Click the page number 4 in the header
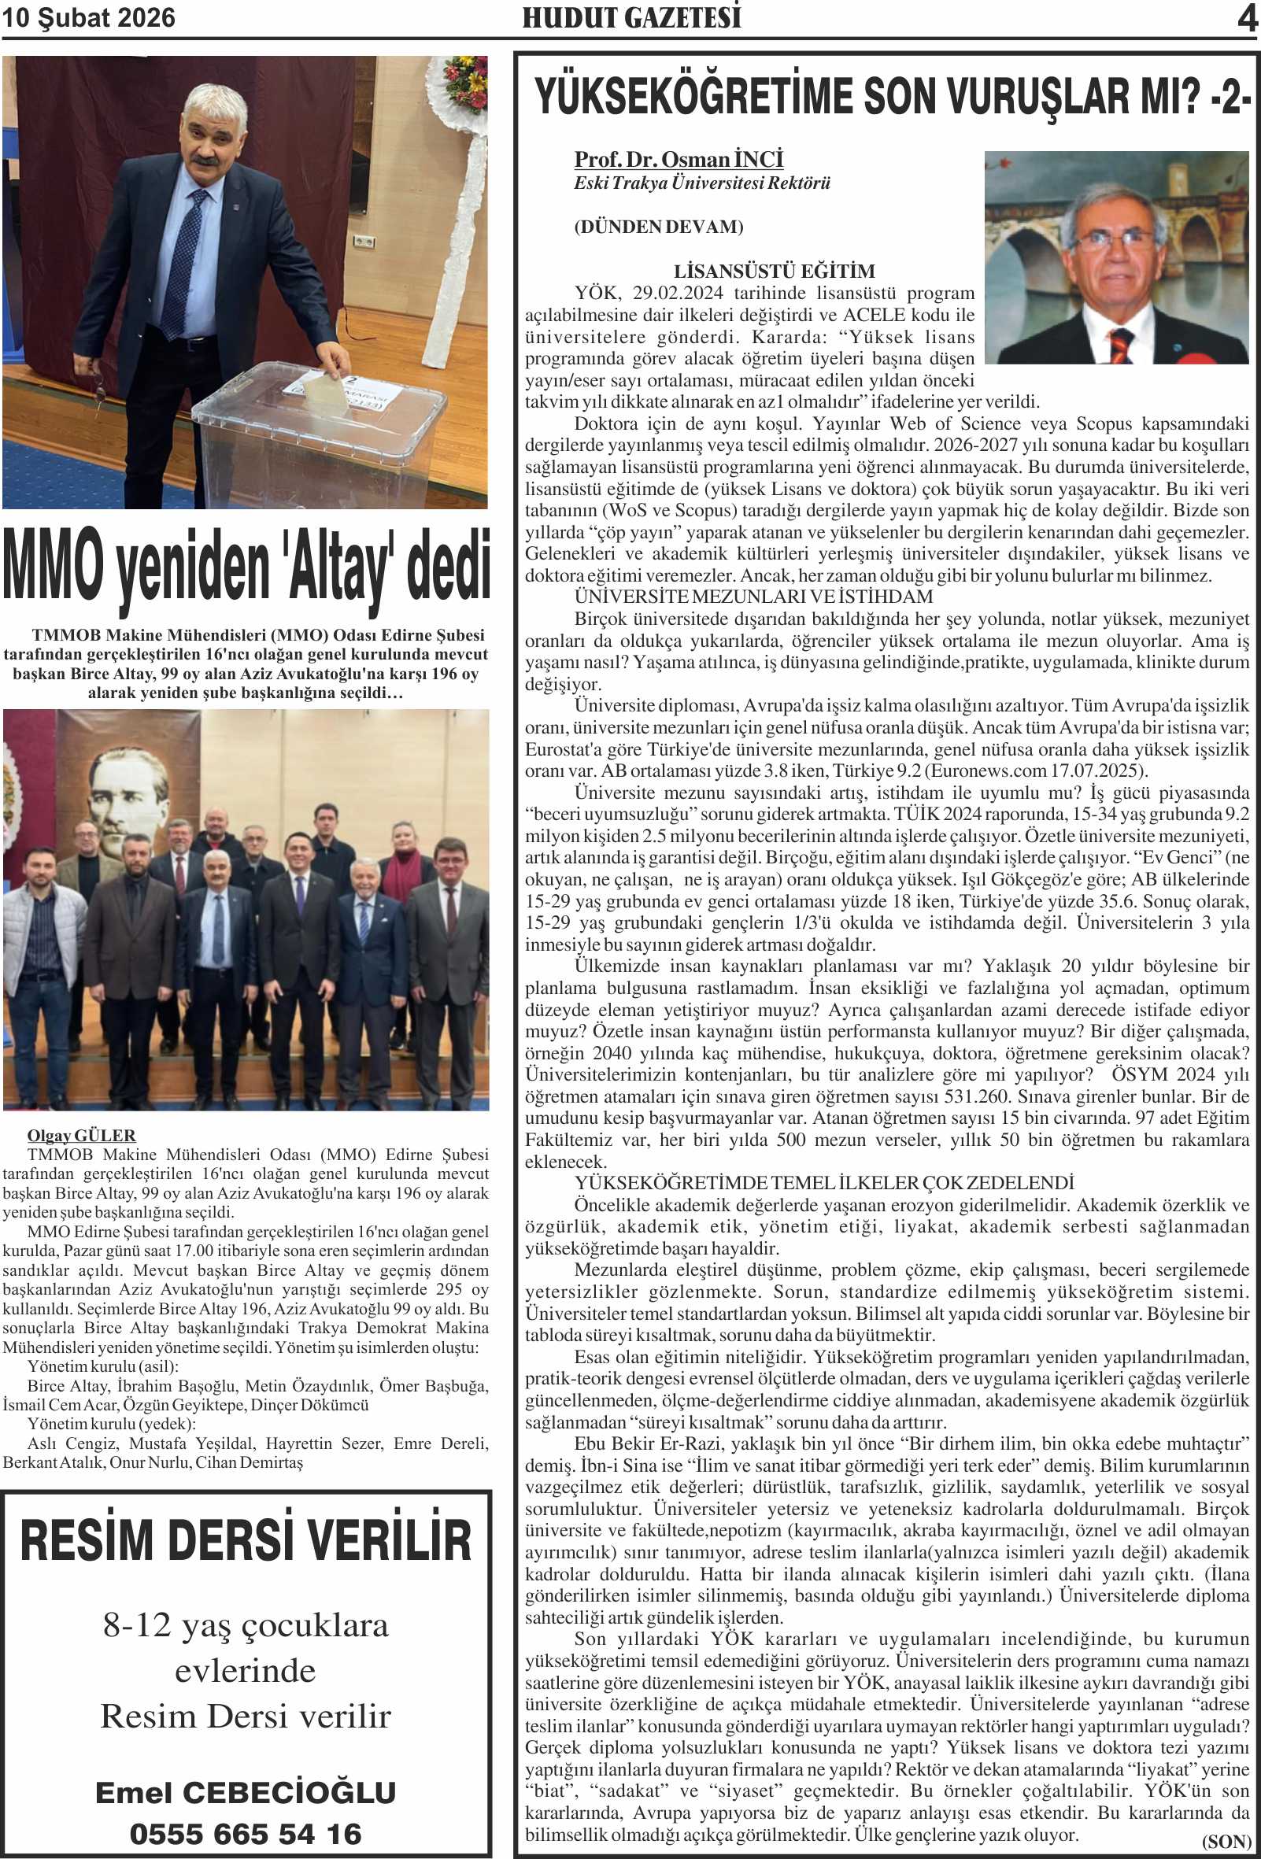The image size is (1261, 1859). pyautogui.click(x=1247, y=17)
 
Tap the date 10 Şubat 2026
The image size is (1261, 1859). pyautogui.click(x=88, y=17)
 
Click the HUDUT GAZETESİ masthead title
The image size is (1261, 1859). pyautogui.click(x=631, y=17)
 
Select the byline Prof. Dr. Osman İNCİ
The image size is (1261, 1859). pyautogui.click(x=679, y=160)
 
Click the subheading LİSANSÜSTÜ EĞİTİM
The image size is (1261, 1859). pyautogui.click(x=774, y=272)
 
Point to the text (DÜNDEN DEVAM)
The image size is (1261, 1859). pyautogui.click(x=659, y=227)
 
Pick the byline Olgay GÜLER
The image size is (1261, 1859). pyautogui.click(x=81, y=1135)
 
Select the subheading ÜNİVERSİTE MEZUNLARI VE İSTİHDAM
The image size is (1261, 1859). pyautogui.click(x=753, y=597)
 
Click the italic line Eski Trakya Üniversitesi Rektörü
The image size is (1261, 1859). pyautogui.click(x=701, y=183)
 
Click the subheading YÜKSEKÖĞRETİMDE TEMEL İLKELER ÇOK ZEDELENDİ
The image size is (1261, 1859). pyautogui.click(x=823, y=1183)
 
